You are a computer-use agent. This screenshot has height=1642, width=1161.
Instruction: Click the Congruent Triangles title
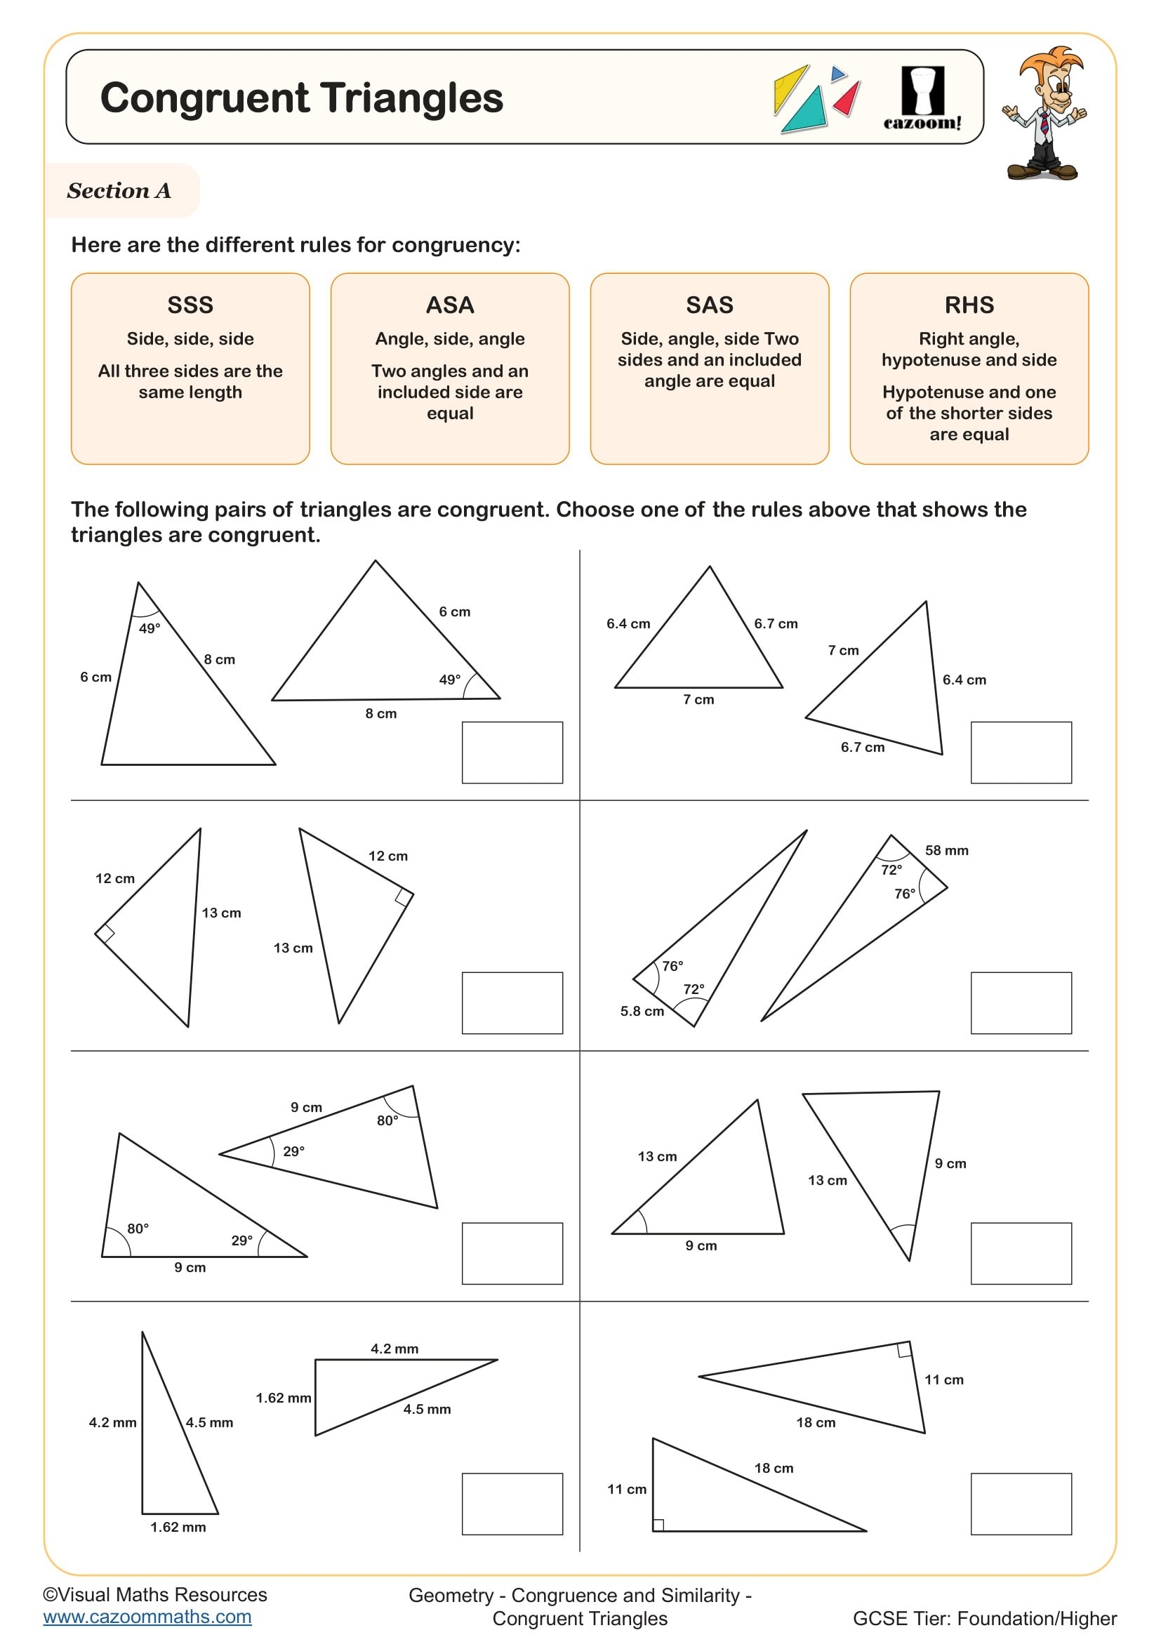302,98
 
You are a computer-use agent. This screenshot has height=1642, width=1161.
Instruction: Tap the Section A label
119,191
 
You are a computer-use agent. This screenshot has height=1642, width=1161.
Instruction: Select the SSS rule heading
190,305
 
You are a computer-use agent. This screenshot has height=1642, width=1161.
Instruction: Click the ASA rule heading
450,305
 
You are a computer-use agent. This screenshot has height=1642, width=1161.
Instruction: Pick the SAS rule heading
709,305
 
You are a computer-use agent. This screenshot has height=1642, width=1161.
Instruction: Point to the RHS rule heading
969,305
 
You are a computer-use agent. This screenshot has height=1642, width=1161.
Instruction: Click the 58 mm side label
946,850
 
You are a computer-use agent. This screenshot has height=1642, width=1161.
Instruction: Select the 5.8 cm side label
642,1011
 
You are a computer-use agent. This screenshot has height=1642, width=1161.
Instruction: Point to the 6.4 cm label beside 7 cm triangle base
628,623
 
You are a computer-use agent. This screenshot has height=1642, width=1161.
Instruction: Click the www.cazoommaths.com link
147,1617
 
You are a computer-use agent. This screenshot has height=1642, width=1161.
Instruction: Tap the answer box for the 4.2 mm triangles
512,1504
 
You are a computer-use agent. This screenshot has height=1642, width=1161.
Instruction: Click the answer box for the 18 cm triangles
1021,1504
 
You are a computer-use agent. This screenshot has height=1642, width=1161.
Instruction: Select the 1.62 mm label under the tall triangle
178,1527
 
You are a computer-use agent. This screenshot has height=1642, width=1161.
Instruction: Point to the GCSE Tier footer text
984,1618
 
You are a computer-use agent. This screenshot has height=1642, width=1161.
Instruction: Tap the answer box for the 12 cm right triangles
512,1002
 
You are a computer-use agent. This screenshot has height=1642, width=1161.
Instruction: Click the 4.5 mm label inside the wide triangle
427,1409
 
